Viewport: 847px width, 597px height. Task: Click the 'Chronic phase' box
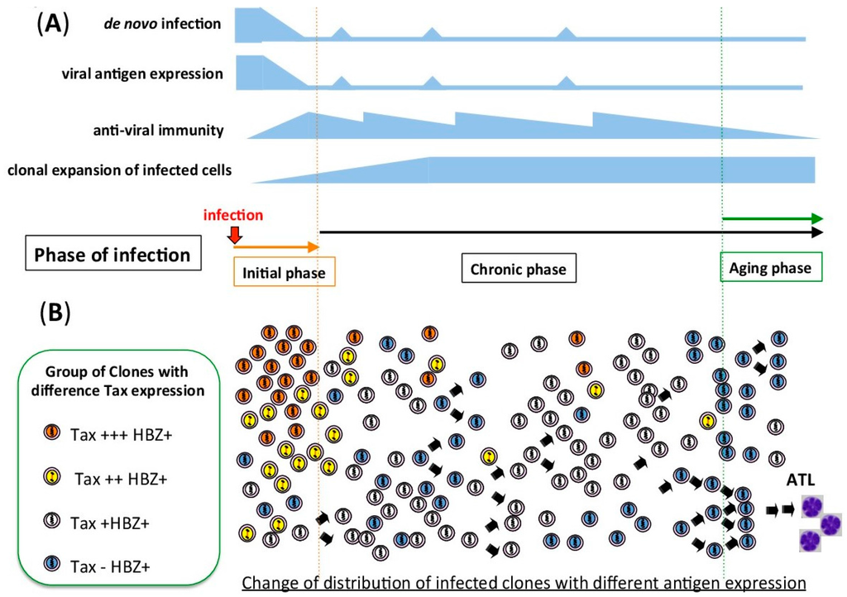click(x=518, y=269)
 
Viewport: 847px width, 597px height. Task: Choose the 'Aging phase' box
click(x=770, y=268)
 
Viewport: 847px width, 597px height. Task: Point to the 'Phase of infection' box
click(x=112, y=255)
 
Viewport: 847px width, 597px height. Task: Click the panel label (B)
click(x=54, y=312)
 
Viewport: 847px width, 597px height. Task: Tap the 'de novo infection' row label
click(x=157, y=23)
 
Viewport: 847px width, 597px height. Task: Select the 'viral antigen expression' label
click(x=142, y=74)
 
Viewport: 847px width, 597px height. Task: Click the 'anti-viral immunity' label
click(x=159, y=130)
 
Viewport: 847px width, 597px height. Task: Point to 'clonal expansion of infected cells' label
click(x=119, y=171)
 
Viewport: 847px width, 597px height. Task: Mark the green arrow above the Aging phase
click(x=773, y=218)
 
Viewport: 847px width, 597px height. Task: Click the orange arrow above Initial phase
click(x=276, y=246)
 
